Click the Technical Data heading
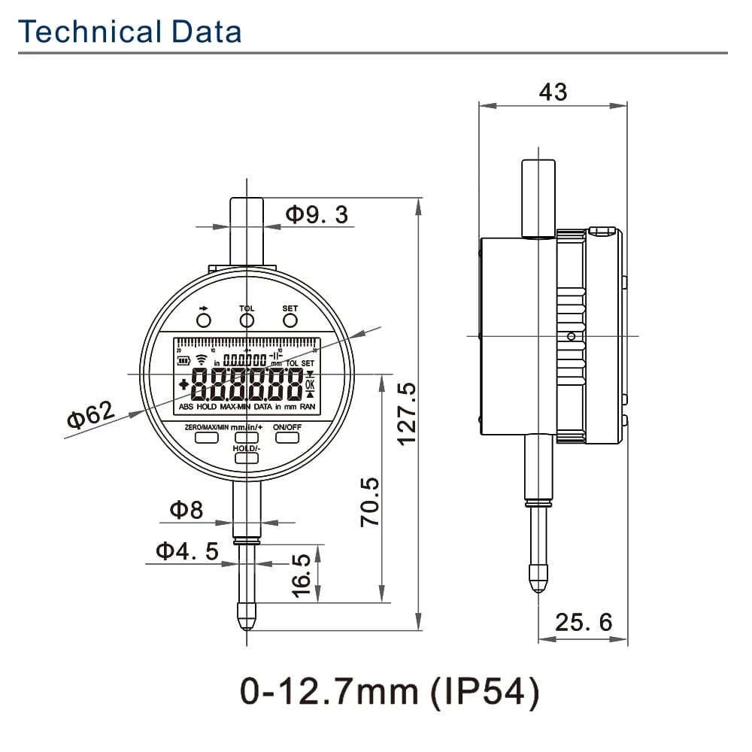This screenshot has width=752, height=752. coord(130,32)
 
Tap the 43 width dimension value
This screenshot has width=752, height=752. coord(553,92)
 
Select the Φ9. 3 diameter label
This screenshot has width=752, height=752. coord(317,215)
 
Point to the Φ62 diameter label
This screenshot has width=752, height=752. coord(91,414)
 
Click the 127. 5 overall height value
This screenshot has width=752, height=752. coord(407,414)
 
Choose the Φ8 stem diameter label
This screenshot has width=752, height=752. coord(186,511)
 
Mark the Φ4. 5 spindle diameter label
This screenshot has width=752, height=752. coord(187,551)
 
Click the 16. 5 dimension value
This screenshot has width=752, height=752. coord(301,575)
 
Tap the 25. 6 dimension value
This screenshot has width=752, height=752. coord(584,622)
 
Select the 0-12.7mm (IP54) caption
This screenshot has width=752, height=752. coord(390,692)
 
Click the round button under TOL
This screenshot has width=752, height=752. coord(247,321)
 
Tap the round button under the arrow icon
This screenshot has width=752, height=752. coord(203,321)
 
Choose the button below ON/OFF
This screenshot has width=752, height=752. coord(287,437)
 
